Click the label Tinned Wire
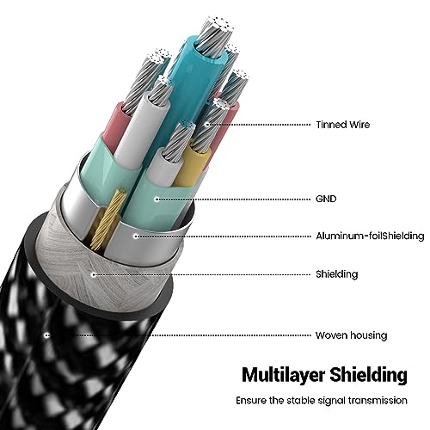point(343,125)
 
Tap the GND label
point(326,199)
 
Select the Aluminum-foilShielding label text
point(370,236)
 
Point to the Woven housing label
point(352,335)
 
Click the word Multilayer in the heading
point(283,374)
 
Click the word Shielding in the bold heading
point(368,374)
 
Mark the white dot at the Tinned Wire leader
point(207,125)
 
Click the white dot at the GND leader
point(157,199)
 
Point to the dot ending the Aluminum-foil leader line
point(136,236)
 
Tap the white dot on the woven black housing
point(47,335)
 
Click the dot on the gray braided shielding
point(93,275)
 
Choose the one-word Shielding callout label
point(337,274)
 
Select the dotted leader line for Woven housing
point(179,335)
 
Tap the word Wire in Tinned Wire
point(359,125)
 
